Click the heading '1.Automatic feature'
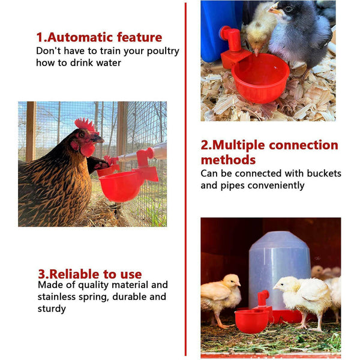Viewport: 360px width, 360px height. [x=99, y=37]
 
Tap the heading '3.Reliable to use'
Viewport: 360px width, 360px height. [x=90, y=274]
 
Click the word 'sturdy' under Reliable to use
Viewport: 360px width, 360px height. [x=52, y=309]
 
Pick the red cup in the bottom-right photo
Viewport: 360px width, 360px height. [x=251, y=320]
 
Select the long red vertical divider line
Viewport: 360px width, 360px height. [x=185, y=180]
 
